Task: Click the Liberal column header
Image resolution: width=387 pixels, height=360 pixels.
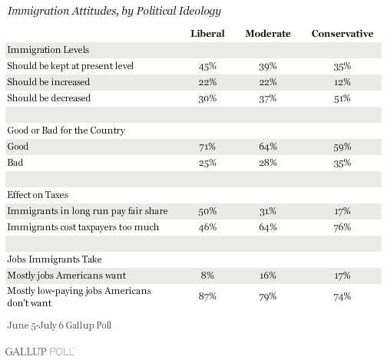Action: point(207,34)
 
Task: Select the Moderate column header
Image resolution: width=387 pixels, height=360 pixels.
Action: point(268,34)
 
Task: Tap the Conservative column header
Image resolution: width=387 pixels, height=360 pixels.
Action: point(342,34)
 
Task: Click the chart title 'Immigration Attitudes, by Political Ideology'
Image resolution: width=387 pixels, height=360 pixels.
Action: point(114,12)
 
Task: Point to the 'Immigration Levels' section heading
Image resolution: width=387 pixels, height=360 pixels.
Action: point(48,50)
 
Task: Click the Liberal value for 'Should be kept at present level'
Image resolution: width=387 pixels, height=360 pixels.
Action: point(207,66)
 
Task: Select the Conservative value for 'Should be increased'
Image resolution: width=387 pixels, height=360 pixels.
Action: point(342,82)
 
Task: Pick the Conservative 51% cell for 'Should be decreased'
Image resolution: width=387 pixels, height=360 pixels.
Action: point(342,98)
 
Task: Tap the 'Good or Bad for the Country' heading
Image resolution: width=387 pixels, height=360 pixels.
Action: point(66,130)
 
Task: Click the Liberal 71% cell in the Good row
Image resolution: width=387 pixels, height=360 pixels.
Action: point(207,147)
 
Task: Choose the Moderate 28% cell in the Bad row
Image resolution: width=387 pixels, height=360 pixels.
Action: point(268,163)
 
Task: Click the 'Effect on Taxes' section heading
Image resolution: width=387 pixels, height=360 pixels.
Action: point(38,195)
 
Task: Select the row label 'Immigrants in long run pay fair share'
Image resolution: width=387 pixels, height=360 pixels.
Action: point(88,211)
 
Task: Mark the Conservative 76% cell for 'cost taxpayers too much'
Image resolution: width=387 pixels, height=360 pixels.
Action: point(342,227)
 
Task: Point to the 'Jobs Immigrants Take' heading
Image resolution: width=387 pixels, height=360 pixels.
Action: point(55,259)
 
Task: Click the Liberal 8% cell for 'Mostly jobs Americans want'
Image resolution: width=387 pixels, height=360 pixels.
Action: point(207,276)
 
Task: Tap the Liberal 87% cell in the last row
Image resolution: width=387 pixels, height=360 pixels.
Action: point(207,296)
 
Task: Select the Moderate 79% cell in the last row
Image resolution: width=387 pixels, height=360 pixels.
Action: point(268,296)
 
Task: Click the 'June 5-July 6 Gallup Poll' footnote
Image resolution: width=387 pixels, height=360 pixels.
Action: point(59,325)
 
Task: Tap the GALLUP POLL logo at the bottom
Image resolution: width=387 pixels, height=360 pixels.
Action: point(40,352)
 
